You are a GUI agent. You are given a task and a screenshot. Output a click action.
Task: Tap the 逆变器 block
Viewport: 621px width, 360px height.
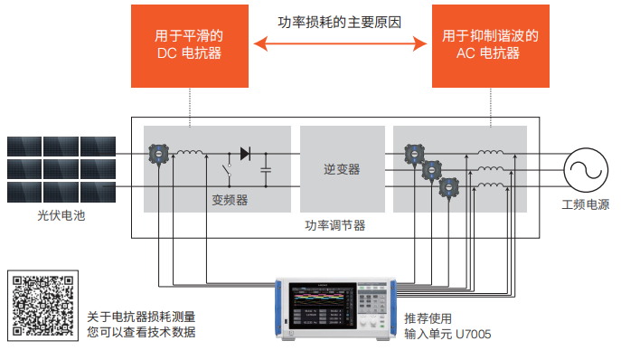click(x=341, y=169)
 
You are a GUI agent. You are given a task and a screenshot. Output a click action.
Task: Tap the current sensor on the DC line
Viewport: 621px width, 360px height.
click(x=158, y=154)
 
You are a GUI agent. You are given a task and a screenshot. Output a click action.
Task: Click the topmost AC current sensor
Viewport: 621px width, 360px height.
click(x=415, y=153)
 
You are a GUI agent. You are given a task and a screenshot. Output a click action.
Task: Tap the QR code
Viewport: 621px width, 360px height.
click(x=40, y=304)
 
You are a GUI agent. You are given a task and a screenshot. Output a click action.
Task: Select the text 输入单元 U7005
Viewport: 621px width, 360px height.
click(x=448, y=334)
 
